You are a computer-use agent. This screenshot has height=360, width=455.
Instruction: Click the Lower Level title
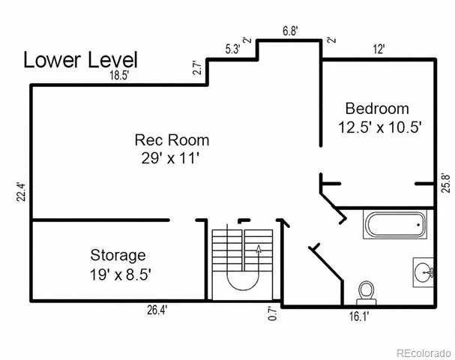coord(80,60)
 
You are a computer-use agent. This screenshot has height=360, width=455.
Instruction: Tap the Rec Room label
coord(172,140)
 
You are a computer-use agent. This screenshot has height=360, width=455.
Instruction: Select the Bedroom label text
coord(377,109)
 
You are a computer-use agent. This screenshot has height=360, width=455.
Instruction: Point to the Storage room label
coord(118,256)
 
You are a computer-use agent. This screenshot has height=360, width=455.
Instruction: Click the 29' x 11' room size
coord(171,158)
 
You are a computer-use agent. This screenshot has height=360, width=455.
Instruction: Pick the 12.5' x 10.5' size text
coord(380,127)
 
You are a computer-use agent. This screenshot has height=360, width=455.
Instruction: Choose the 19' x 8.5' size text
coord(120,274)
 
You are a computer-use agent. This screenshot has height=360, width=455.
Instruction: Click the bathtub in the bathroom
coord(395,225)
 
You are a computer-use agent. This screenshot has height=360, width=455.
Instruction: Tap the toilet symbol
coord(367,293)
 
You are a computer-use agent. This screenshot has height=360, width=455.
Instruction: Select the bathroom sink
coord(424,272)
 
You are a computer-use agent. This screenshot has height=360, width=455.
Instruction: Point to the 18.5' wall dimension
coord(119,76)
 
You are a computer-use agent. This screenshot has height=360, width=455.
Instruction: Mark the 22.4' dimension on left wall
coord(21,192)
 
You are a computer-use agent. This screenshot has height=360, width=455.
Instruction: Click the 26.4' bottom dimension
coord(157,310)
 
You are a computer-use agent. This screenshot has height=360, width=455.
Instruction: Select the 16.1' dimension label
coord(358,316)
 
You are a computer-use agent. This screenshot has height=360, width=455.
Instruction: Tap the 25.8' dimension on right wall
coord(446,183)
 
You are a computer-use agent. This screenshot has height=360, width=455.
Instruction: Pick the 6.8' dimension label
coord(291,31)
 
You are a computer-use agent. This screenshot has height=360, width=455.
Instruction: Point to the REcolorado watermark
coord(424,353)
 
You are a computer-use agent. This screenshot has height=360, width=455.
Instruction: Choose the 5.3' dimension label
coord(232,49)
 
